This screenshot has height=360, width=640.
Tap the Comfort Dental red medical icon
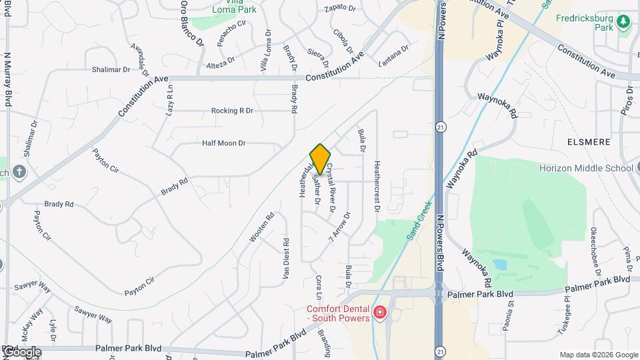pos(380,313)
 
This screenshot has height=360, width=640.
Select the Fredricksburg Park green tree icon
pos(623,22)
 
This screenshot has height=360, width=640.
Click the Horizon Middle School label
pos(586,168)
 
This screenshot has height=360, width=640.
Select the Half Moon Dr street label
pos(224,143)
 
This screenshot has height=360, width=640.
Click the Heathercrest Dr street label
pos(377,187)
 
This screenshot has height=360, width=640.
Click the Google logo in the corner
pos(21,352)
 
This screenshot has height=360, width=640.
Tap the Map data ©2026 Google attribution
pos(598,355)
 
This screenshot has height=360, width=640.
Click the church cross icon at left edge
pos(19,171)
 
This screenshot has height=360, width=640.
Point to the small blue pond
pos(500,265)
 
